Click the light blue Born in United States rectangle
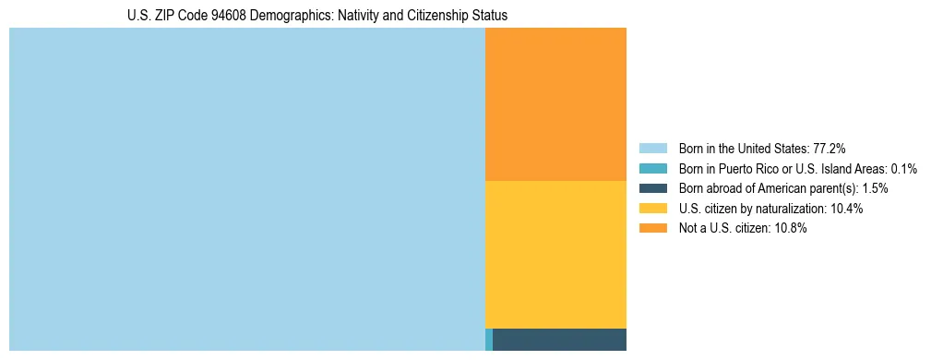[x=246, y=189]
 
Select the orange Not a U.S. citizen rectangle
[x=555, y=103]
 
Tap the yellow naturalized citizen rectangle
[x=555, y=254]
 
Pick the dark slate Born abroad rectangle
[x=559, y=340]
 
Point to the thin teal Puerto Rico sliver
[x=489, y=340]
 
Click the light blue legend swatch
[x=652, y=148]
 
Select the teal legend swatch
[x=652, y=168]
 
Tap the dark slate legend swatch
[x=652, y=188]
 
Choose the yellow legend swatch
[x=652, y=209]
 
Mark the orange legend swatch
[x=652, y=229]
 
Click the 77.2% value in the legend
[x=830, y=148]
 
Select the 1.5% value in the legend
[x=876, y=188]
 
